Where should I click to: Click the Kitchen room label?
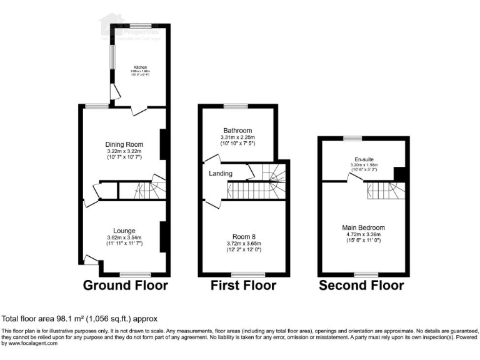(138, 67)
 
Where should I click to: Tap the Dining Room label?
(125, 144)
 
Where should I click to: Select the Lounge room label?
(124, 231)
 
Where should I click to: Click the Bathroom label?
(237, 130)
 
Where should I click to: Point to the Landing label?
(221, 173)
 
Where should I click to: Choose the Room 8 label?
(243, 236)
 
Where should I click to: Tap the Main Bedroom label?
(362, 227)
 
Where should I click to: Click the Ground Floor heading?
(126, 286)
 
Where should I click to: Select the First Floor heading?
(242, 286)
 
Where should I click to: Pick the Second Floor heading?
(361, 286)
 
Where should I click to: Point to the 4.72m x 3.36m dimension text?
(362, 234)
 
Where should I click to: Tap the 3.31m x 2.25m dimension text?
(237, 137)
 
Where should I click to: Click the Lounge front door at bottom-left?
(91, 259)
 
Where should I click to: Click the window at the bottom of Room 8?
(243, 274)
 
